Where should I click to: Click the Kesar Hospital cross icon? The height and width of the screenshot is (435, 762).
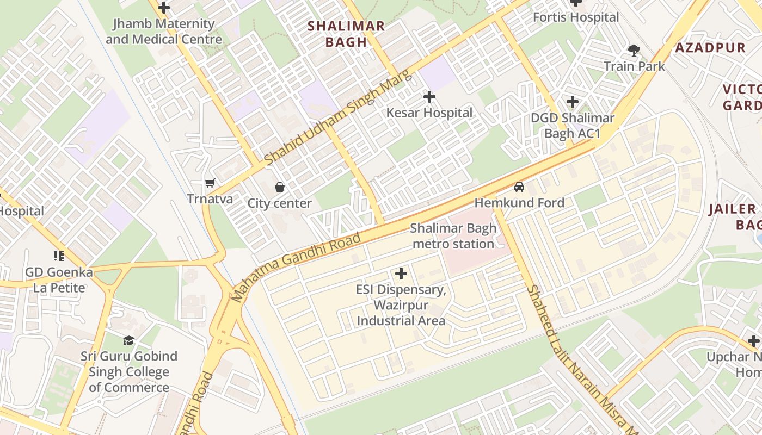[x=429, y=97]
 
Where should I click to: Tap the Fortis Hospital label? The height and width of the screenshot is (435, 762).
[x=575, y=17]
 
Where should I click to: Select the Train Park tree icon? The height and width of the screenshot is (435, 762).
[x=634, y=51]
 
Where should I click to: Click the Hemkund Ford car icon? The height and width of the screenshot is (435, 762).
[x=519, y=187]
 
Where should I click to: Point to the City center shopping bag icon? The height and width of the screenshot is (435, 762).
[x=279, y=188]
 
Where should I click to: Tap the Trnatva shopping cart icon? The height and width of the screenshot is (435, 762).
[x=210, y=183]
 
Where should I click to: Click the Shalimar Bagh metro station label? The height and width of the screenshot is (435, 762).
[x=453, y=236]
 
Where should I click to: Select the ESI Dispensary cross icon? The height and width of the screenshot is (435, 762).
[x=401, y=274]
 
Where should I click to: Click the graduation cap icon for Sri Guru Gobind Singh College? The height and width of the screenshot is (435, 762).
[x=128, y=340]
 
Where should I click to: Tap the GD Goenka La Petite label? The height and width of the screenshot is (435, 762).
[x=59, y=279]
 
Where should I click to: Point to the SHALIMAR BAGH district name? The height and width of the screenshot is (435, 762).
[x=346, y=34]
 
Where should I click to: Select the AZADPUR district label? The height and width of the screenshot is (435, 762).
[x=710, y=48]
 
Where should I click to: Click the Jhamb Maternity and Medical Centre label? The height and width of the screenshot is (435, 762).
[x=163, y=32]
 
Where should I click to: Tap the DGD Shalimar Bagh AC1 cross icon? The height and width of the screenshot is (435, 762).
[x=572, y=102]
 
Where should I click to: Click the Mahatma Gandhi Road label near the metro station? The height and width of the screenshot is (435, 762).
[x=296, y=267]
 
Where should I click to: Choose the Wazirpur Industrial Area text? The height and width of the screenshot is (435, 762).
[x=401, y=313]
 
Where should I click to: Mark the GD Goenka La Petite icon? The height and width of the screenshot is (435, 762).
[x=59, y=256]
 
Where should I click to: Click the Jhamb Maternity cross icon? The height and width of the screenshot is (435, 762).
[x=163, y=8]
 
